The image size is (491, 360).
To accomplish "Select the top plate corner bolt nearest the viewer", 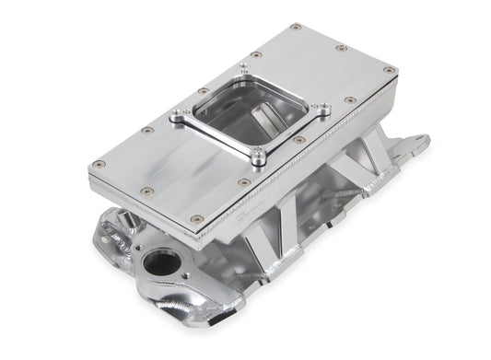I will click(196, 218).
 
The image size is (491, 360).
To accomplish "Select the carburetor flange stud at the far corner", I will click(243, 66).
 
